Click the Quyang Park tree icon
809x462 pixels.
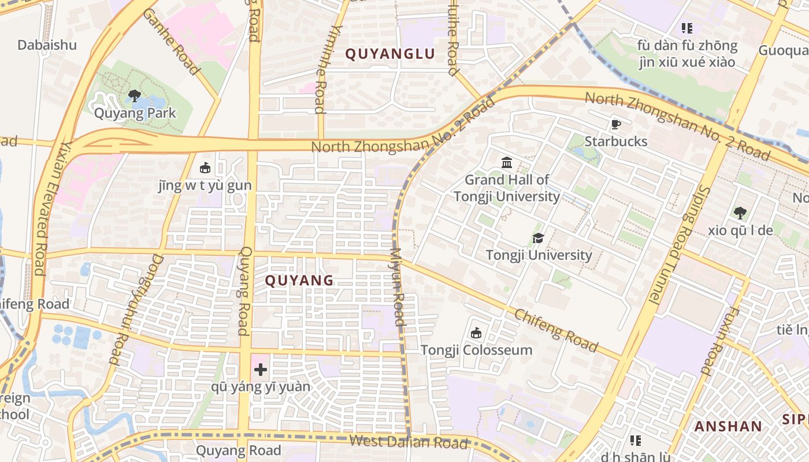coord(135,95)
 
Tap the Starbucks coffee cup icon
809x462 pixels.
coord(615,124)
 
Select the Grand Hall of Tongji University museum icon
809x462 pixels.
coord(507,162)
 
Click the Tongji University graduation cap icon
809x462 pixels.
coord(538,238)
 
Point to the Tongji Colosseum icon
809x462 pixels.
coord(476,333)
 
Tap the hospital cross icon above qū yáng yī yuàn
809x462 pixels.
coord(261,370)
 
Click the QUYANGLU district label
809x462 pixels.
coord(389,54)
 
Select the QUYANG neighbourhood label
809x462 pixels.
coord(299,281)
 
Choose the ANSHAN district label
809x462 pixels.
coord(728,427)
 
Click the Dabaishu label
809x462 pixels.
coord(47,45)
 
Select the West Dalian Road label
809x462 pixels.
coord(409,442)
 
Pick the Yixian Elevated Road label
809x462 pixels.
coord(51,208)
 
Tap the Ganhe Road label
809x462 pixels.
coord(172,42)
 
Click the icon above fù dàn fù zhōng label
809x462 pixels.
coord(686,28)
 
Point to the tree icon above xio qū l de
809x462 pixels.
coord(740,213)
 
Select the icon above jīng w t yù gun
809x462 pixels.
coord(205,168)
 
